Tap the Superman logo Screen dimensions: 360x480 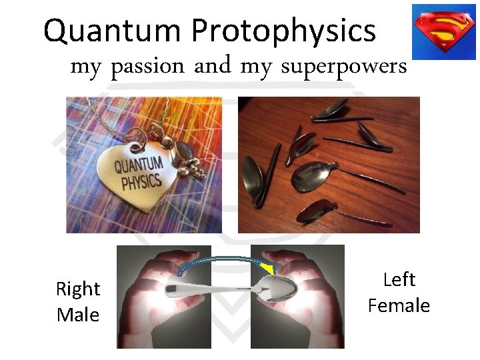click(443, 31)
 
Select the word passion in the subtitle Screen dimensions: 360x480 click(147, 67)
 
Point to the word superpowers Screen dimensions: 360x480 click(343, 67)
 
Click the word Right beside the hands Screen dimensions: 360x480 click(77, 289)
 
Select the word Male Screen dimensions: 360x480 click(77, 314)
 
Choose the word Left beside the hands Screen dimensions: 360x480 click(399, 280)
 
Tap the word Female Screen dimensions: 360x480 click(399, 305)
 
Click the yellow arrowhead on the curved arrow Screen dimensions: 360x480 click(268, 268)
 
